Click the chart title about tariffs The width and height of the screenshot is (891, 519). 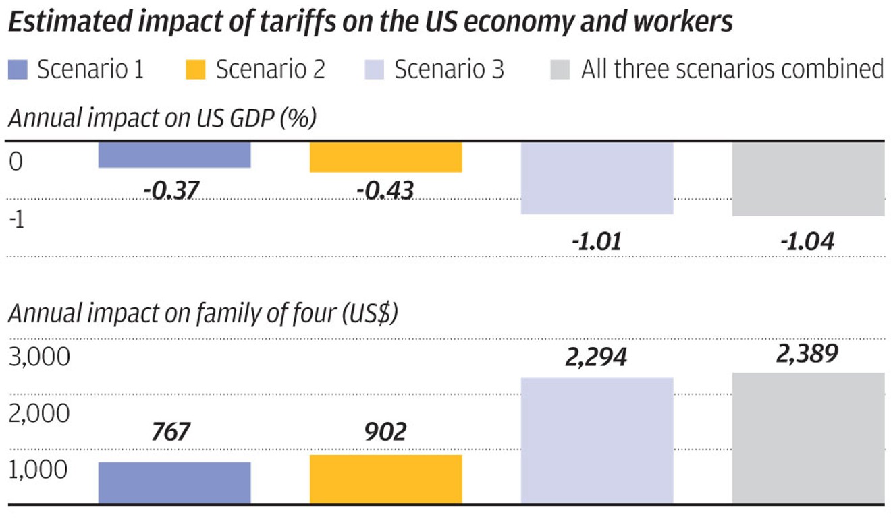pyautogui.click(x=370, y=22)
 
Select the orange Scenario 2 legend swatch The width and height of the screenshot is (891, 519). pyautogui.click(x=196, y=69)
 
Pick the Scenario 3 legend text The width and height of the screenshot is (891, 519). pyautogui.click(x=449, y=69)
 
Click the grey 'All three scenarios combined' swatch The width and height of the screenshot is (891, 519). pyautogui.click(x=560, y=69)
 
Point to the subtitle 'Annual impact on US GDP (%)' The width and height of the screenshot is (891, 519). pyautogui.click(x=162, y=119)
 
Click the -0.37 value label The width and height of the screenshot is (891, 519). pyautogui.click(x=171, y=191)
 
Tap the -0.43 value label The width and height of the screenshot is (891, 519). pyautogui.click(x=385, y=191)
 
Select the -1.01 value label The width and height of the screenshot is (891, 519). pyautogui.click(x=596, y=241)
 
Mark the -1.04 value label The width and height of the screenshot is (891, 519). pyautogui.click(x=807, y=241)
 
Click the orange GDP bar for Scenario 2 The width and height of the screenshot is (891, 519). pyautogui.click(x=385, y=157)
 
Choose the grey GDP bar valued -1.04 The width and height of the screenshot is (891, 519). pyautogui.click(x=808, y=179)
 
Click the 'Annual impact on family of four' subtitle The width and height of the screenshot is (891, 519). pyautogui.click(x=202, y=314)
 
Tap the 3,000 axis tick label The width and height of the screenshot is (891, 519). pyautogui.click(x=39, y=357)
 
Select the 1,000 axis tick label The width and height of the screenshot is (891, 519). pyautogui.click(x=39, y=469)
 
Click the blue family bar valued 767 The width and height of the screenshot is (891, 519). pyautogui.click(x=174, y=483)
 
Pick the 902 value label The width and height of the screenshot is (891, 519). pyautogui.click(x=385, y=432)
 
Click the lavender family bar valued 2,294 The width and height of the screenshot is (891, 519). pyautogui.click(x=597, y=441)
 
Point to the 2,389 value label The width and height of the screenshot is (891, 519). pyautogui.click(x=807, y=353)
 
